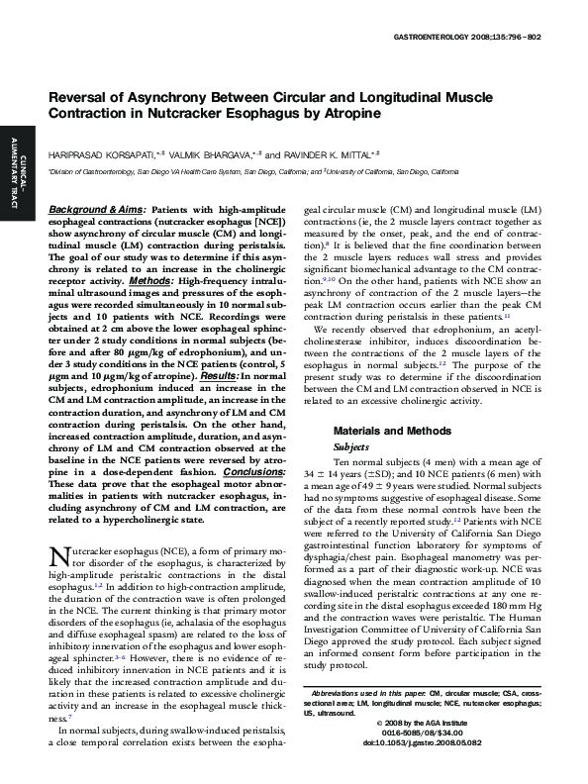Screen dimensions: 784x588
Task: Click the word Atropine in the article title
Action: coord(349,116)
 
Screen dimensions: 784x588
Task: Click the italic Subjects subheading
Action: coord(351,446)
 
